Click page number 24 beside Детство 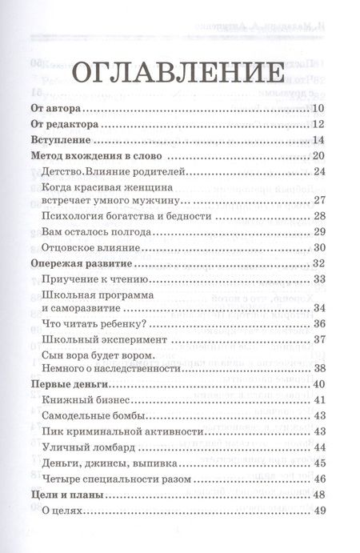point(318,171)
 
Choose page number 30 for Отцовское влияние point(318,248)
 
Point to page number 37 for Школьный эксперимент point(318,339)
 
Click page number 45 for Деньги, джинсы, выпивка point(318,463)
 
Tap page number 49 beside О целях point(318,511)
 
